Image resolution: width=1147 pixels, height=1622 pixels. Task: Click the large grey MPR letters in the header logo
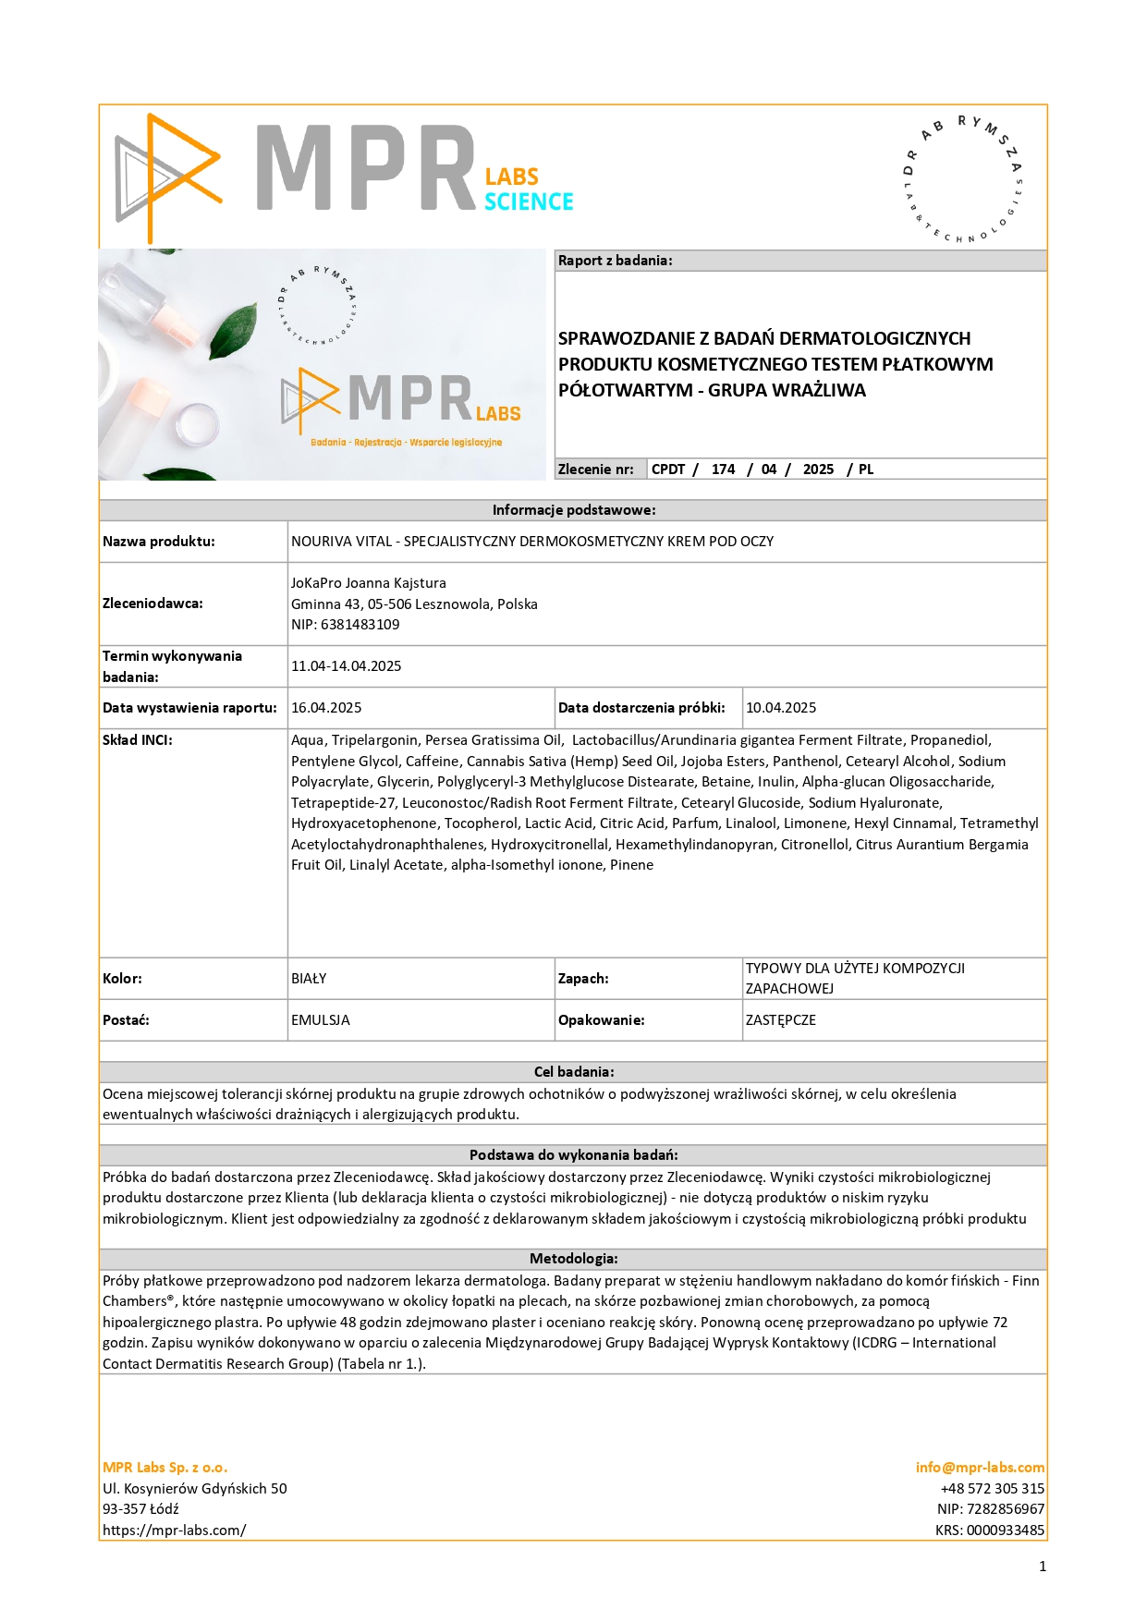pyautogui.click(x=365, y=169)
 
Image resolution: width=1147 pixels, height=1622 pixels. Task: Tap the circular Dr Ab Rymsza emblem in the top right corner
pyautogui.click(x=962, y=179)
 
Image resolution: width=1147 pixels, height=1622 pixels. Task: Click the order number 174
pyautogui.click(x=723, y=470)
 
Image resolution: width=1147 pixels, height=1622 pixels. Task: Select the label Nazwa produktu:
pyautogui.click(x=159, y=542)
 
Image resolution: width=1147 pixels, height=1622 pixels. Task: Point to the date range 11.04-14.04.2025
pyautogui.click(x=346, y=666)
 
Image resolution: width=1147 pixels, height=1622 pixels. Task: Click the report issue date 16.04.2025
pyautogui.click(x=326, y=708)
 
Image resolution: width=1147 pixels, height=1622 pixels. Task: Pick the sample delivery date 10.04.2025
pyautogui.click(x=781, y=708)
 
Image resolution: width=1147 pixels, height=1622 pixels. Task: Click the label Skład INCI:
pyautogui.click(x=138, y=740)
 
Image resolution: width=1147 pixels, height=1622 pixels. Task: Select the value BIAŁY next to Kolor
pyautogui.click(x=309, y=979)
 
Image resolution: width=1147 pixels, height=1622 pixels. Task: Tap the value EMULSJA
pyautogui.click(x=321, y=1020)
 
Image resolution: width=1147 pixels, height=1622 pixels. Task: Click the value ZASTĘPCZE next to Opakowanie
pyautogui.click(x=781, y=1020)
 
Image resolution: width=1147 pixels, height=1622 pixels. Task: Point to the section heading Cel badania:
pyautogui.click(x=573, y=1072)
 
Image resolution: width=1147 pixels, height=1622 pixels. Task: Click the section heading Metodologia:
pyautogui.click(x=573, y=1259)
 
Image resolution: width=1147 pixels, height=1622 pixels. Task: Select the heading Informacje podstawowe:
pyautogui.click(x=573, y=510)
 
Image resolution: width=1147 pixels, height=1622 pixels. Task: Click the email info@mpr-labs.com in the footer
pyautogui.click(x=980, y=1468)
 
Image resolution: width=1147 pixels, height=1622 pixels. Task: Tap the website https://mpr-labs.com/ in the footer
pyautogui.click(x=175, y=1531)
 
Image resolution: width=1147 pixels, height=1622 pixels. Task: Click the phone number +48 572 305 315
pyautogui.click(x=992, y=1489)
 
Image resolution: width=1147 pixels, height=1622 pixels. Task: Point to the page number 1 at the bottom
pyautogui.click(x=1043, y=1567)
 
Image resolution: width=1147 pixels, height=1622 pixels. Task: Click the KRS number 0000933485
pyautogui.click(x=1005, y=1531)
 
